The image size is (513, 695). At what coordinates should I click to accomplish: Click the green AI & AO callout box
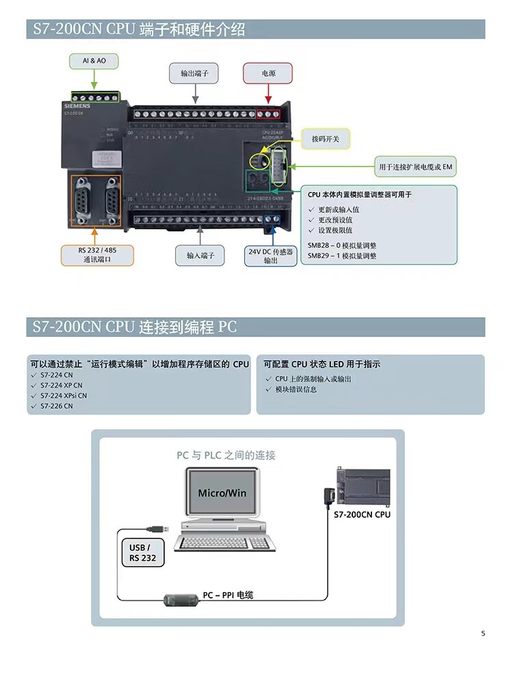94,61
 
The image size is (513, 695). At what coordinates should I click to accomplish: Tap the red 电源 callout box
268,73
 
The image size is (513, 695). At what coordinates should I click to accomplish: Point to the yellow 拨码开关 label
326,139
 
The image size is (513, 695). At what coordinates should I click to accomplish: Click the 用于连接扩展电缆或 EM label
416,166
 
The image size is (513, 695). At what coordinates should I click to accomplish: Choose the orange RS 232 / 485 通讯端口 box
97,255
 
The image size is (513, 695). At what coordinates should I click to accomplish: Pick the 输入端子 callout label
200,255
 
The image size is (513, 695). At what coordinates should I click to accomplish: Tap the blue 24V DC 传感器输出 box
271,255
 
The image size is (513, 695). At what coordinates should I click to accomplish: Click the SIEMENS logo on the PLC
77,106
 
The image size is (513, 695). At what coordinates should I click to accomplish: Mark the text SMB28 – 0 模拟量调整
342,245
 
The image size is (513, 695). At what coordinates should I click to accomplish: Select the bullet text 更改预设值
335,220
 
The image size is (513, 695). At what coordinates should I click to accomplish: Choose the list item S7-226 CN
56,406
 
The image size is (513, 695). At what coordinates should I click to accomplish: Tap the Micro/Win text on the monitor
222,493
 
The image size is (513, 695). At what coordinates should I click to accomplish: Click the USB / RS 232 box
142,553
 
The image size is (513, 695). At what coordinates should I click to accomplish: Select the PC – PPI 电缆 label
228,595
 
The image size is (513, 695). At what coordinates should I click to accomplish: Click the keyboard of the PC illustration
222,543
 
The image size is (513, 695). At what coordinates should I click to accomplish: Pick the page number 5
483,633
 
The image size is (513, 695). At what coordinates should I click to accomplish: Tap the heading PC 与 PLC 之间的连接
226,455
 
